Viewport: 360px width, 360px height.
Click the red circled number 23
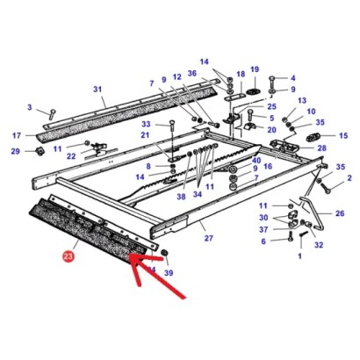[68, 257]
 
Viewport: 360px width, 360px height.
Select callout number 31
[97, 89]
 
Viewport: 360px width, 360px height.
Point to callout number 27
[208, 238]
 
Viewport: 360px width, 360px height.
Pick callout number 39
[169, 272]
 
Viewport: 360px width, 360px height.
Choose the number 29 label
[15, 152]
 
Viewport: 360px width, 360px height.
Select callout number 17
[15, 135]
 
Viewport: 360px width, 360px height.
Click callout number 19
[255, 68]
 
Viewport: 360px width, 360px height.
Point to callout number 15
[343, 135]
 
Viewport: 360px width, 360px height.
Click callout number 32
[319, 245]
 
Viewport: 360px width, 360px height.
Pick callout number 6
[263, 241]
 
